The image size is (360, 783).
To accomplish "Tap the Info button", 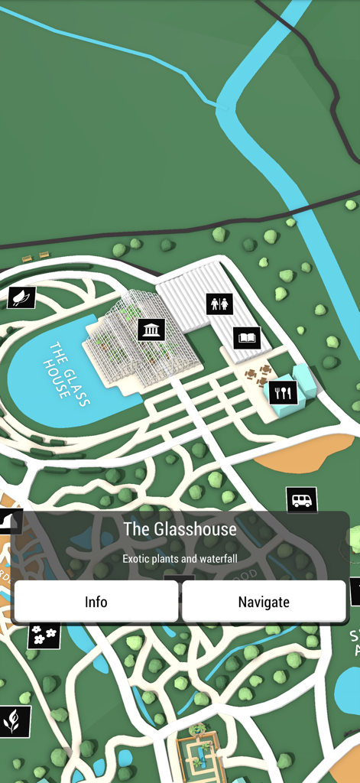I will (x=96, y=602).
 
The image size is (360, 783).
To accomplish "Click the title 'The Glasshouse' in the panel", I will (x=180, y=529).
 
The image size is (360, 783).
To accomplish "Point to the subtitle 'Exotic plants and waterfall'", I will (x=180, y=558).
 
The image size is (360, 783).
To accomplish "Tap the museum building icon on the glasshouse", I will (x=151, y=330).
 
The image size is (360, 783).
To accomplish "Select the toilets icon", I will (x=219, y=304).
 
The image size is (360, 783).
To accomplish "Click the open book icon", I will (x=247, y=336).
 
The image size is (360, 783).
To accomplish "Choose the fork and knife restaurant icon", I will (x=283, y=393).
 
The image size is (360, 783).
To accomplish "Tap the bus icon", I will (x=301, y=501).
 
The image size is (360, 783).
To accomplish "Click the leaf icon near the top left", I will (x=21, y=297).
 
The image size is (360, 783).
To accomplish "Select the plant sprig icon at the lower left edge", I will (x=13, y=721).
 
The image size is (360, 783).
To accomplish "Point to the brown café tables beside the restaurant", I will (x=257, y=375).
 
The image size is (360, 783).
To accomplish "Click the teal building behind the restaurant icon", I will (x=304, y=380).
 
